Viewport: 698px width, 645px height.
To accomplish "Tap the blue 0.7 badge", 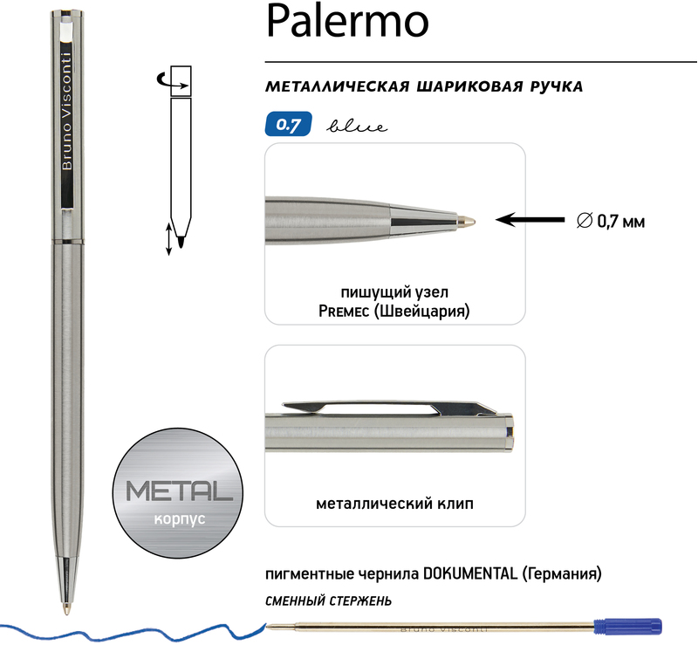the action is pos(289,124).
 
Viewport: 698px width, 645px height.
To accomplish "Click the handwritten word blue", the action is pos(357,127).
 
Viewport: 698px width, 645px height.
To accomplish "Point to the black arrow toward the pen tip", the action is pos(530,220).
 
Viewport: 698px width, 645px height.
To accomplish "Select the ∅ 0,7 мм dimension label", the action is pos(610,222).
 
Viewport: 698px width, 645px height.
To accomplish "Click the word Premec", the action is pos(344,311).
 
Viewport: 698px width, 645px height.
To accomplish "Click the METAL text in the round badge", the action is pos(180,491).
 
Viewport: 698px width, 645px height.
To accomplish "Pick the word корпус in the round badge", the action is pos(180,519).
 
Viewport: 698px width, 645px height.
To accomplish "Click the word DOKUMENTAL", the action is pos(470,573).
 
